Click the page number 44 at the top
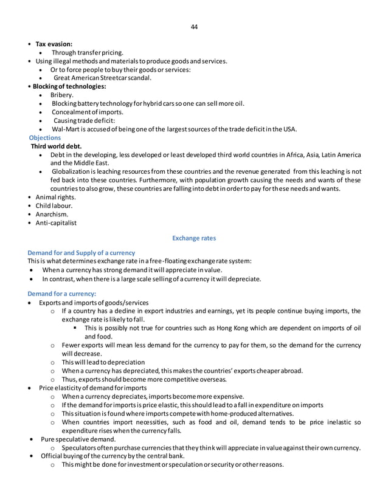194,27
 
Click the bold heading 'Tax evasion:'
54,44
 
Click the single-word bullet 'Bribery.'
63,95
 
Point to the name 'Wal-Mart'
66,129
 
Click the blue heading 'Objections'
44,138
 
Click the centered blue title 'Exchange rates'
194,238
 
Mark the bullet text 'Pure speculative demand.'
78,439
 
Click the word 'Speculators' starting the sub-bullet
80,448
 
